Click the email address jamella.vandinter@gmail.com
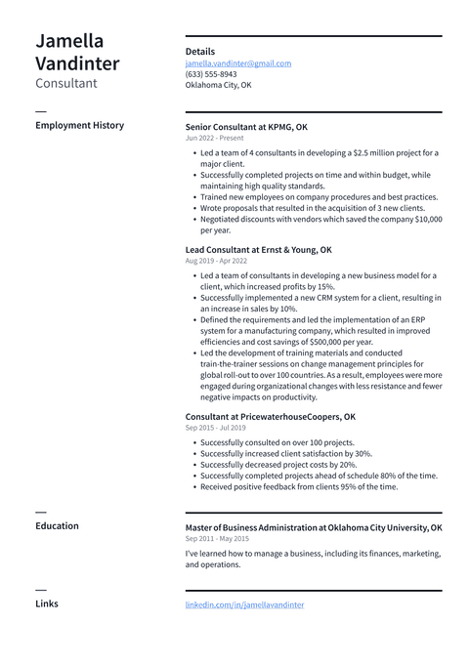237,63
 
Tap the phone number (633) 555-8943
211,74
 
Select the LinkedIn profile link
244,605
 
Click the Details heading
200,52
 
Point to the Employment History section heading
79,126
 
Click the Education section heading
57,526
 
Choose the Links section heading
46,604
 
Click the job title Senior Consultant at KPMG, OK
246,127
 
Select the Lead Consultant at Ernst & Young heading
258,250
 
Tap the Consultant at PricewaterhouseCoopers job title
270,417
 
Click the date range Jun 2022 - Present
214,139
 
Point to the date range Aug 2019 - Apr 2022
216,262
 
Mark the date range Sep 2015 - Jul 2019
215,428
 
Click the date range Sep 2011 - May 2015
217,539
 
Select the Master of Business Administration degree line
313,527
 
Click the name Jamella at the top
69,41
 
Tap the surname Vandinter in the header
77,64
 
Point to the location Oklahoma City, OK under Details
218,85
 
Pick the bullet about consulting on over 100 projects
277,442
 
